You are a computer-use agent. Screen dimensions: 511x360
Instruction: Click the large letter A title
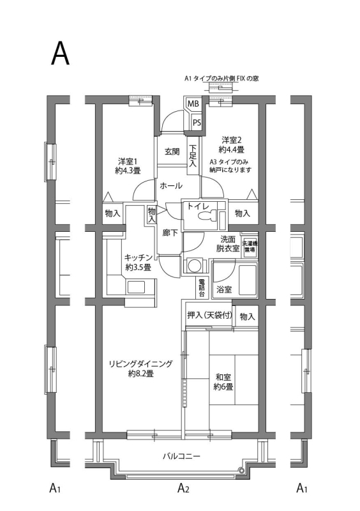tap(60, 55)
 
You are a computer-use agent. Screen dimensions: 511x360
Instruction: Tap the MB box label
tap(192, 104)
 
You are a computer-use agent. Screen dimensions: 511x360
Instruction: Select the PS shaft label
tap(197, 122)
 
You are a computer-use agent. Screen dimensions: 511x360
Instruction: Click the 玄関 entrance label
tap(172, 152)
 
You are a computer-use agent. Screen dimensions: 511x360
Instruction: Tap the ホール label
tap(171, 186)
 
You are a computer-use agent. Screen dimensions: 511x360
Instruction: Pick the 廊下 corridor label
tap(170, 233)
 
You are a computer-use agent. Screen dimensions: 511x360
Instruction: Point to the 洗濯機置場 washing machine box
tap(250, 247)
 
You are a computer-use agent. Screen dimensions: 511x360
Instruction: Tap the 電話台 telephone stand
tap(202, 288)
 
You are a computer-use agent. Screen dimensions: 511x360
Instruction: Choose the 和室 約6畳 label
tap(223, 381)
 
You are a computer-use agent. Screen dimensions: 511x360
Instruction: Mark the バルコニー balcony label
tap(181, 457)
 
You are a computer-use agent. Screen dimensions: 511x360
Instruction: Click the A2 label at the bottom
tap(183, 489)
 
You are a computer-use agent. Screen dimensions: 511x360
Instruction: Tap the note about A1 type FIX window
tap(221, 79)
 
